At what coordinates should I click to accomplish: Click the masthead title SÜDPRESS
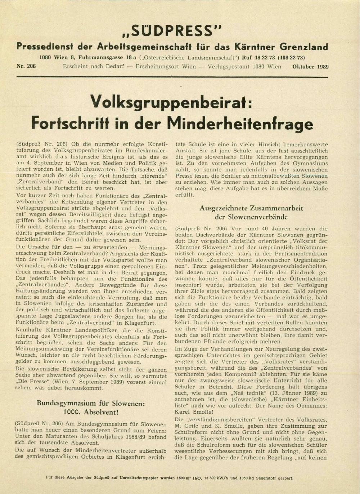click(172, 31)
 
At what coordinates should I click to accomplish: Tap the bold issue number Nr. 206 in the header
click(26, 66)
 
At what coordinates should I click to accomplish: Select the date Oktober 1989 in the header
click(310, 66)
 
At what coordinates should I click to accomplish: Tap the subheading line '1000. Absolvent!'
click(91, 412)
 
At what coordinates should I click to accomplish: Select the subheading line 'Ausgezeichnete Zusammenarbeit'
click(251, 208)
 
